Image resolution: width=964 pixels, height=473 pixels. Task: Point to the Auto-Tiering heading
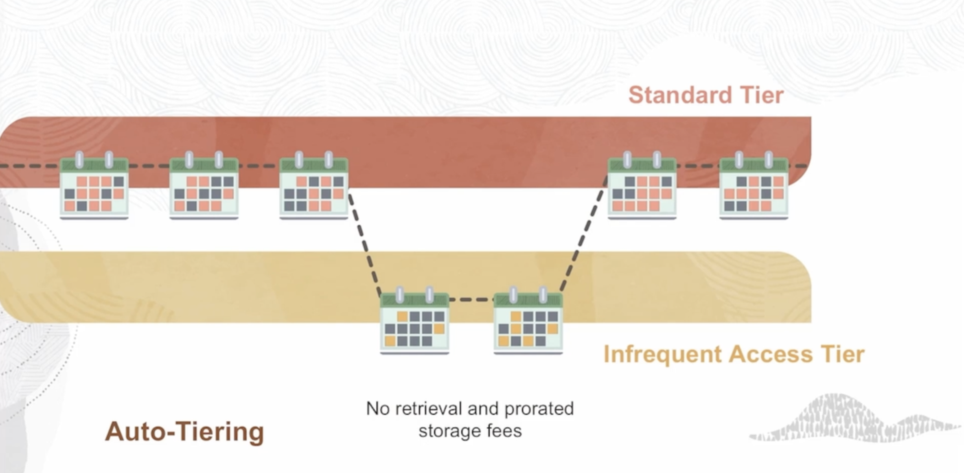[184, 431]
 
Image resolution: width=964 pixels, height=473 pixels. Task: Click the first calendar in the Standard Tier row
[94, 187]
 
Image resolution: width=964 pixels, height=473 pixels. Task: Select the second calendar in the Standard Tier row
[204, 187]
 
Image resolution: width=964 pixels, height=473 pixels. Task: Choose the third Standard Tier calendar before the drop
[313, 187]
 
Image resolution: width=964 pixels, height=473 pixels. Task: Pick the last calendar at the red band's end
[754, 187]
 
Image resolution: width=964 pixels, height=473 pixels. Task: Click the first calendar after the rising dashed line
[642, 187]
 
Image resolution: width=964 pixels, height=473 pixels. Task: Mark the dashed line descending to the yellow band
[364, 244]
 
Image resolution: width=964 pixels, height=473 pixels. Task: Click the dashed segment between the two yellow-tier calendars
[471, 300]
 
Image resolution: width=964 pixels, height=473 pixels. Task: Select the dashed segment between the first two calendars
[149, 166]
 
